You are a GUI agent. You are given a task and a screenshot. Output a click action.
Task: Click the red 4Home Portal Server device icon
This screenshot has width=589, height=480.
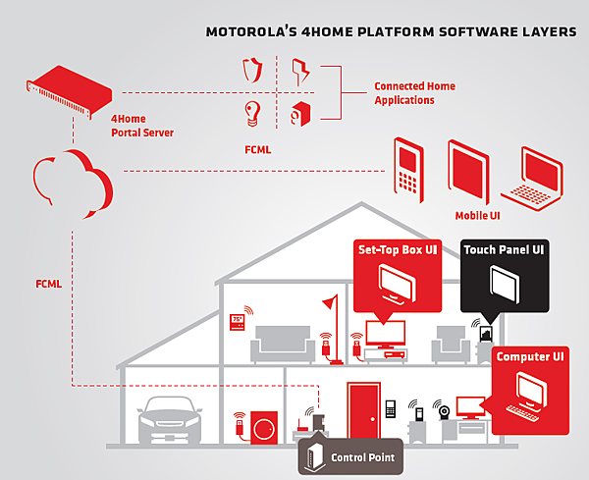pos(65,85)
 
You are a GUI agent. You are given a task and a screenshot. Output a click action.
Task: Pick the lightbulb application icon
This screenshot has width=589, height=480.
pos(252,114)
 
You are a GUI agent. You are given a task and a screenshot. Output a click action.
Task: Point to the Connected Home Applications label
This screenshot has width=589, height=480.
pos(414,93)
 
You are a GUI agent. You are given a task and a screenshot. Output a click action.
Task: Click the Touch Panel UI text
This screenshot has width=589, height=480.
pos(505,250)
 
